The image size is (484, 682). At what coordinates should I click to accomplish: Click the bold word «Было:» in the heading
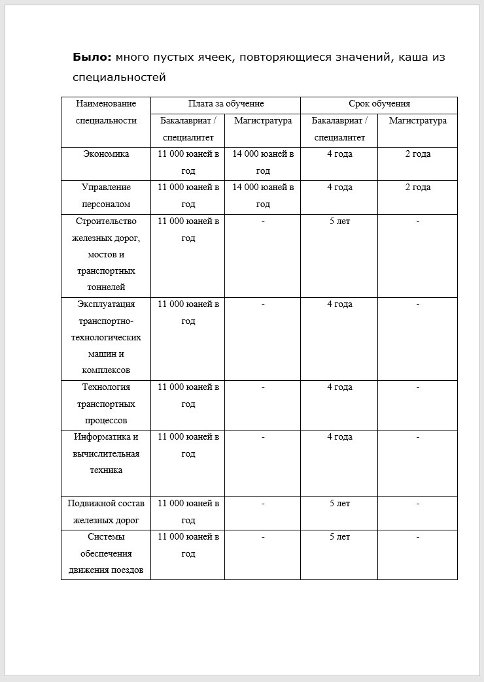[92, 57]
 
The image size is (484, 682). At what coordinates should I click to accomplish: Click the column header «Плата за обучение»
[226, 104]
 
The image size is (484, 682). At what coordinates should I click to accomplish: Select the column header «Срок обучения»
[379, 104]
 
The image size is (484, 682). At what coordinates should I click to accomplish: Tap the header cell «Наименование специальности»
[106, 112]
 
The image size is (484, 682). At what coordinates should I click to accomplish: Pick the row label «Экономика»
[106, 154]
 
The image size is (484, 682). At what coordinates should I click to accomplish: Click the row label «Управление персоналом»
[106, 195]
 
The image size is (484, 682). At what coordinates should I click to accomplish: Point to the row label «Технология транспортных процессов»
[106, 404]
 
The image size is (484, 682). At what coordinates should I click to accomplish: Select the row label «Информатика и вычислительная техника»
[106, 453]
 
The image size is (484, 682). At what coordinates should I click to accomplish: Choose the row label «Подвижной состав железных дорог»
[106, 511]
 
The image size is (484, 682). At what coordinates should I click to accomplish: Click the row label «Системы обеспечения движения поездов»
[106, 553]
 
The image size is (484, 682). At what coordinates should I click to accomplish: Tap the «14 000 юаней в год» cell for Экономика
[263, 162]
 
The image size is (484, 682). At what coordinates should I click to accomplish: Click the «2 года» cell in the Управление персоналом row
[417, 187]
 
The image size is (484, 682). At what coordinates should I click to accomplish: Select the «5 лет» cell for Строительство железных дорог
[339, 221]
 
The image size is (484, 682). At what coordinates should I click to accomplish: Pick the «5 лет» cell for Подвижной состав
[339, 504]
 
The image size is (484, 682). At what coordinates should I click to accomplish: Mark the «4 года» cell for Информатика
[339, 437]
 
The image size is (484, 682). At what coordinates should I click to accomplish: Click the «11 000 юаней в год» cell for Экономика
[188, 162]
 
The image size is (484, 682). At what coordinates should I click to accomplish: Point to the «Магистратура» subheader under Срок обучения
[417, 121]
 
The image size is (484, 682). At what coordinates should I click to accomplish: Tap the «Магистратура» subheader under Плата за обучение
[263, 121]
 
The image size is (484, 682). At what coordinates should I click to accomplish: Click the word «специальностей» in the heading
[119, 78]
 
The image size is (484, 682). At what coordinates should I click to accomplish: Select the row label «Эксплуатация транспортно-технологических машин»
[106, 337]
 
